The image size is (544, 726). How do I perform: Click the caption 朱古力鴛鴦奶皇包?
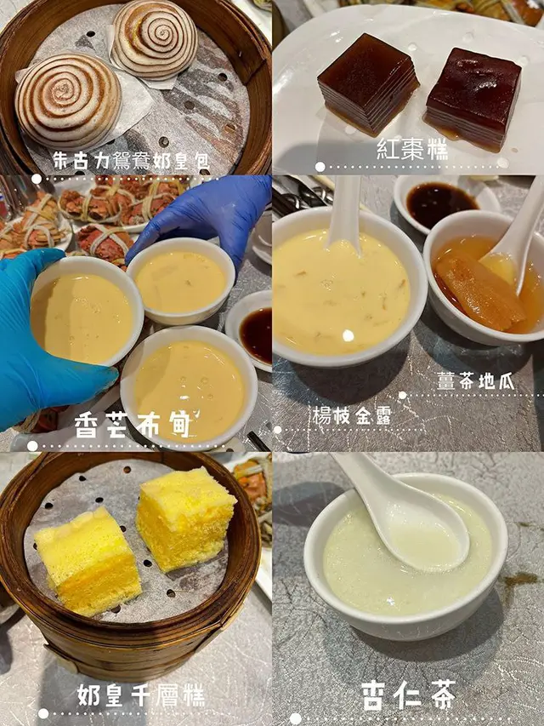131,161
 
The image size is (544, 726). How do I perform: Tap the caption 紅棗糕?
412,149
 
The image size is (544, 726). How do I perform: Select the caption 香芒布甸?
133,425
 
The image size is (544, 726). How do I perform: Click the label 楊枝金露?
352,416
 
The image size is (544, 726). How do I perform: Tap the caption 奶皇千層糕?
140,695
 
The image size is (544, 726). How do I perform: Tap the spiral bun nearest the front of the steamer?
68,100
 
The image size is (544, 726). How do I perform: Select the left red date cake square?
368,83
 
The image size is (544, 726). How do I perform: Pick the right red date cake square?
473,97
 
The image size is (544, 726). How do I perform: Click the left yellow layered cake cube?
88,560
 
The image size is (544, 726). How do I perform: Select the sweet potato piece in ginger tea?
479,292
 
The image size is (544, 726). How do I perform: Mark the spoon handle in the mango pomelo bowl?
344,211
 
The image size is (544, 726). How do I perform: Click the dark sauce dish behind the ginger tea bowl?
441,203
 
